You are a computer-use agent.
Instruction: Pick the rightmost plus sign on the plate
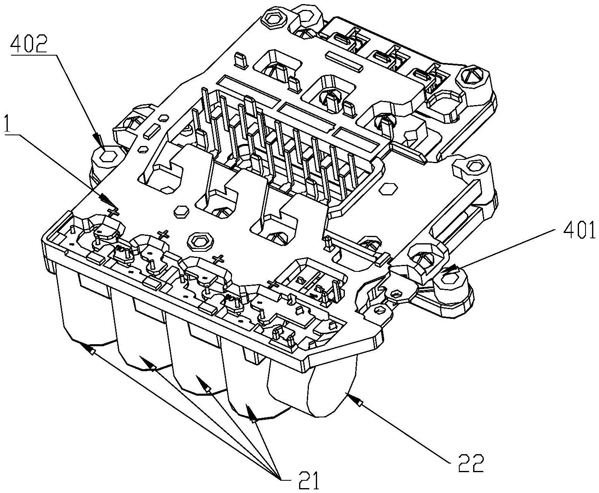pyautogui.click(x=273, y=283)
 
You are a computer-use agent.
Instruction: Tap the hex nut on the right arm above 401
pyautogui.click(x=474, y=166)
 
